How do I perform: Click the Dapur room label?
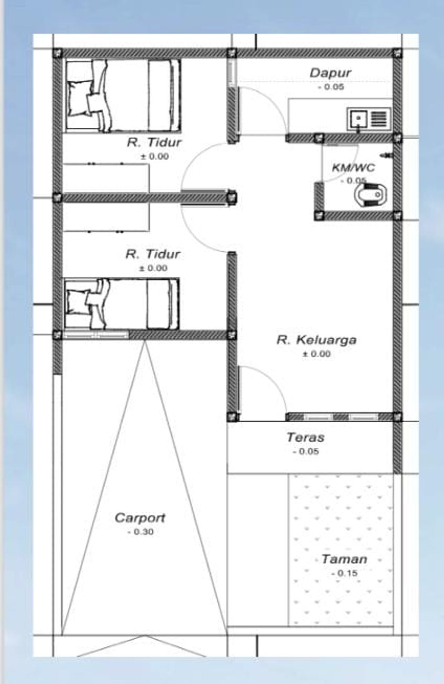[330, 73]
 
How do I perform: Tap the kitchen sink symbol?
[369, 119]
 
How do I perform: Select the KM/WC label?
[353, 168]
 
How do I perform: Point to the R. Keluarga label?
[317, 340]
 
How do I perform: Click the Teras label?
[306, 438]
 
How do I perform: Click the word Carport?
[140, 518]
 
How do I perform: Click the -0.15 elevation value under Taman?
[344, 573]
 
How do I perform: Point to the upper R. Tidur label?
[154, 142]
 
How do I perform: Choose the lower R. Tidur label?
[153, 254]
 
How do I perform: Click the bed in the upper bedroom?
[122, 96]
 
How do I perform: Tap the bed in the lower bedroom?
[122, 304]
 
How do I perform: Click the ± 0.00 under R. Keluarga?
[316, 354]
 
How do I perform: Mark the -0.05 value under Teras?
[306, 451]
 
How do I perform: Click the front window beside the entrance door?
[340, 417]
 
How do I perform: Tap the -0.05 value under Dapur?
[331, 87]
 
